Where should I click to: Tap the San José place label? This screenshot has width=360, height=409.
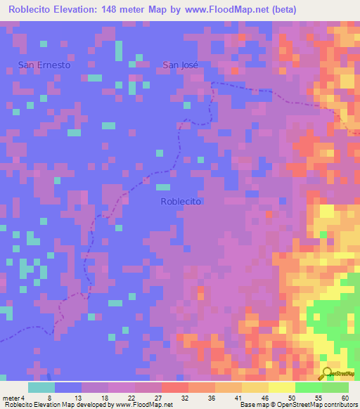181,65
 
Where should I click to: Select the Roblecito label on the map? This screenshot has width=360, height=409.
181,201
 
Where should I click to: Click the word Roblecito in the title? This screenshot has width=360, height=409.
31,9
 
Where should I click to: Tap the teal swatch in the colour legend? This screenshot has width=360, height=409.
41,387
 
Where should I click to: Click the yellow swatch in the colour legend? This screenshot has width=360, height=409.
281,387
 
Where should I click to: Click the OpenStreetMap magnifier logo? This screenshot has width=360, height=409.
326,374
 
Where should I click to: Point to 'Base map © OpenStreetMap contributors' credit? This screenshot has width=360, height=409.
298,404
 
